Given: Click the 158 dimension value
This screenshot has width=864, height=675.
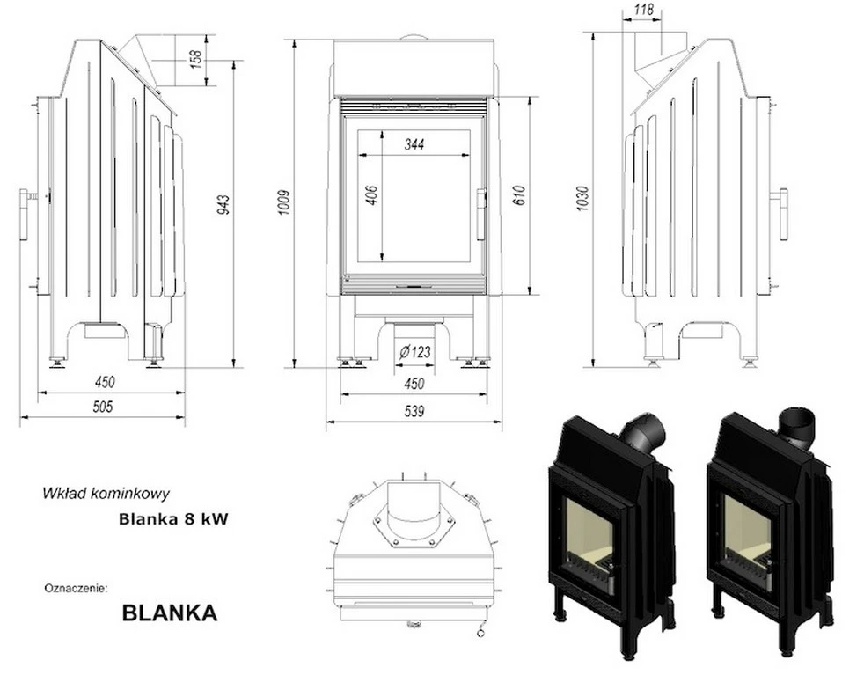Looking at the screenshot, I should click(197, 59).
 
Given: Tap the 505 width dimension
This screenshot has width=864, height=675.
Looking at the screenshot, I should click(104, 407).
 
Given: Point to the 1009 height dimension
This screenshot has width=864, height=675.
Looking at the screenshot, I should click(284, 203).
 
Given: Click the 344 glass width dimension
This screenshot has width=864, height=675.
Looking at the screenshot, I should click(414, 145).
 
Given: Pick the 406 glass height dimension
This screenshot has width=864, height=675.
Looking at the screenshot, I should click(370, 195).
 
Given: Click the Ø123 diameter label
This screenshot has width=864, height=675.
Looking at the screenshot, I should click(414, 352).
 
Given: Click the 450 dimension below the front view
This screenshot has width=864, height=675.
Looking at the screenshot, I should click(414, 383).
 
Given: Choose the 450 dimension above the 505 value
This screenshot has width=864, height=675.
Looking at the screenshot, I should click(104, 382).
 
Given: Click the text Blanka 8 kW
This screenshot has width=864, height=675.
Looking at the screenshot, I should click(173, 519).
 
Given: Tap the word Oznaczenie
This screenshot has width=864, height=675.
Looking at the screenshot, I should click(75, 587).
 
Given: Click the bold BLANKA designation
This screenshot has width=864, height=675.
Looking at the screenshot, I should click(169, 613).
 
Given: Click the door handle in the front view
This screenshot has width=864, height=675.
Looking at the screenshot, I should click(481, 214).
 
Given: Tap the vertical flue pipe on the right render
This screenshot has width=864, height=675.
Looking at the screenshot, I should click(797, 424).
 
